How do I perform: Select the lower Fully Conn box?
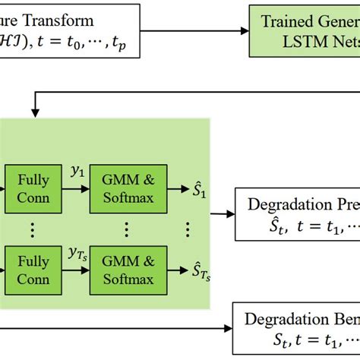click(x=34, y=270)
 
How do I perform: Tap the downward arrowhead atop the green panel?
click(x=34, y=113)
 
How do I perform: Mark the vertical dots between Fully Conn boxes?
click(x=34, y=229)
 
